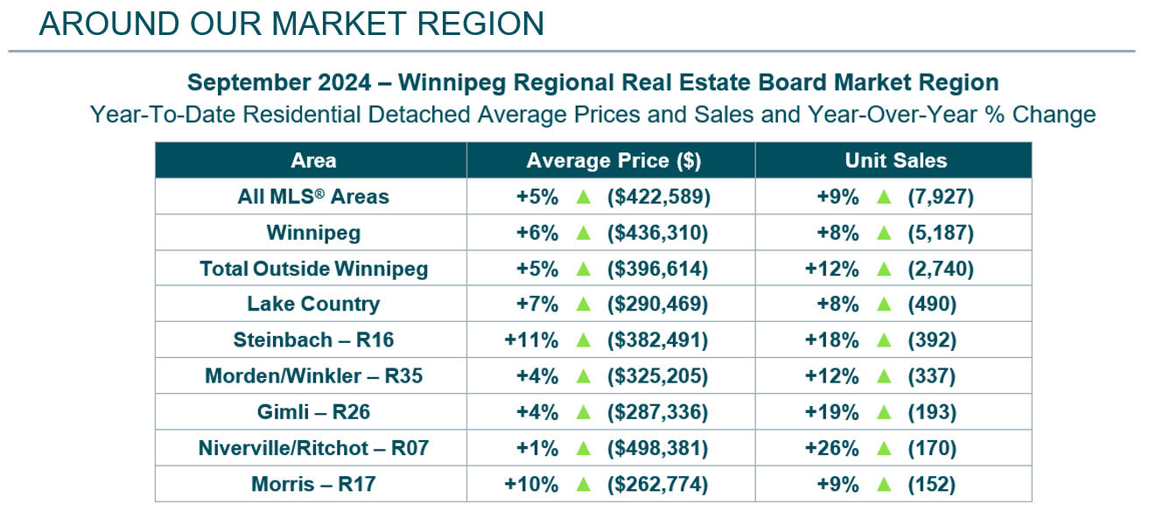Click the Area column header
[x=312, y=161]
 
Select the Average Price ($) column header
[x=613, y=161]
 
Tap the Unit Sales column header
[x=895, y=161]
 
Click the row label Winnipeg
[x=313, y=233]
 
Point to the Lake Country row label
[x=313, y=304]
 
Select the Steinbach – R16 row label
[x=313, y=340]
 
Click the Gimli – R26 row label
[x=313, y=412]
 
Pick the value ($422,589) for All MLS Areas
[x=658, y=197]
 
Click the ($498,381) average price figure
[x=658, y=448]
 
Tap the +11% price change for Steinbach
[x=531, y=340]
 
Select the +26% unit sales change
[x=831, y=448]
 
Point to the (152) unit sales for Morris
[x=932, y=484]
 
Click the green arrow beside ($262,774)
[x=583, y=484]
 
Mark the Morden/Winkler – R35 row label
[x=313, y=376]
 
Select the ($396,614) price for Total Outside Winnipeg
[x=658, y=269]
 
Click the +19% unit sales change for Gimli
[x=831, y=412]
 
